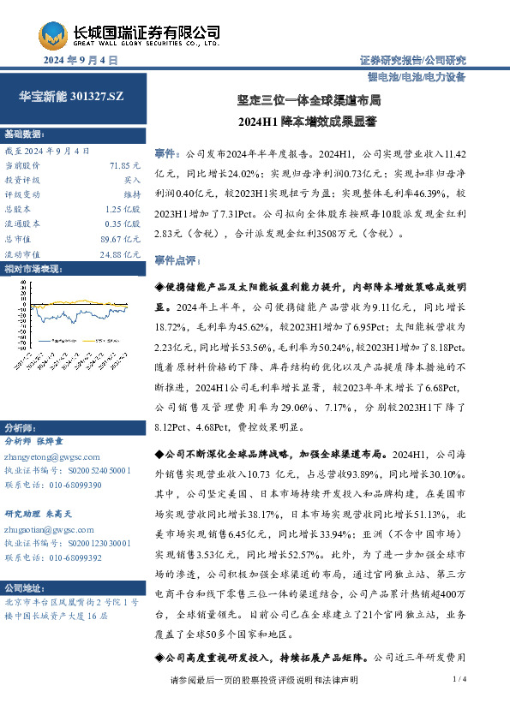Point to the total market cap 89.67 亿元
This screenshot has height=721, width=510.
point(119,239)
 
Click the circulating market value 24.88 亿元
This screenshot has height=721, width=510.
point(119,254)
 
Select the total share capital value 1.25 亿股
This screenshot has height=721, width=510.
point(123,209)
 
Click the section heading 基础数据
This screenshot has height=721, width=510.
point(23,135)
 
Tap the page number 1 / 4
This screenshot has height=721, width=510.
point(459,679)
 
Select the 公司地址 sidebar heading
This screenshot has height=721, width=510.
point(23,588)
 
